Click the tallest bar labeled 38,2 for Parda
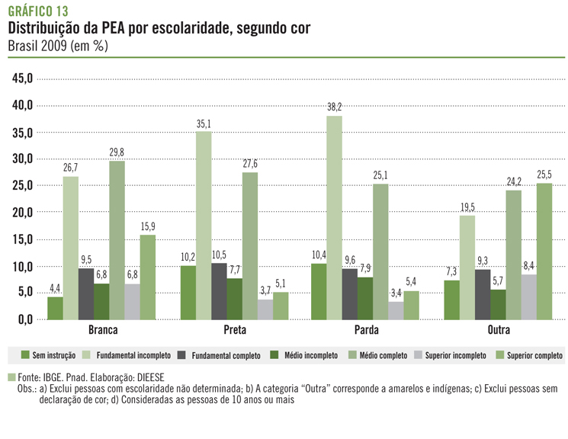coord(335,217)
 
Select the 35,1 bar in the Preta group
coord(204,225)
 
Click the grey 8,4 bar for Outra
coord(528,296)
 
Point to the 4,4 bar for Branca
coord(55,308)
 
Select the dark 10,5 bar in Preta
coord(219,291)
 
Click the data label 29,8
coord(117,152)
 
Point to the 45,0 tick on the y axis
coord(21,79)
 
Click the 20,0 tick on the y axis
coord(21,213)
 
